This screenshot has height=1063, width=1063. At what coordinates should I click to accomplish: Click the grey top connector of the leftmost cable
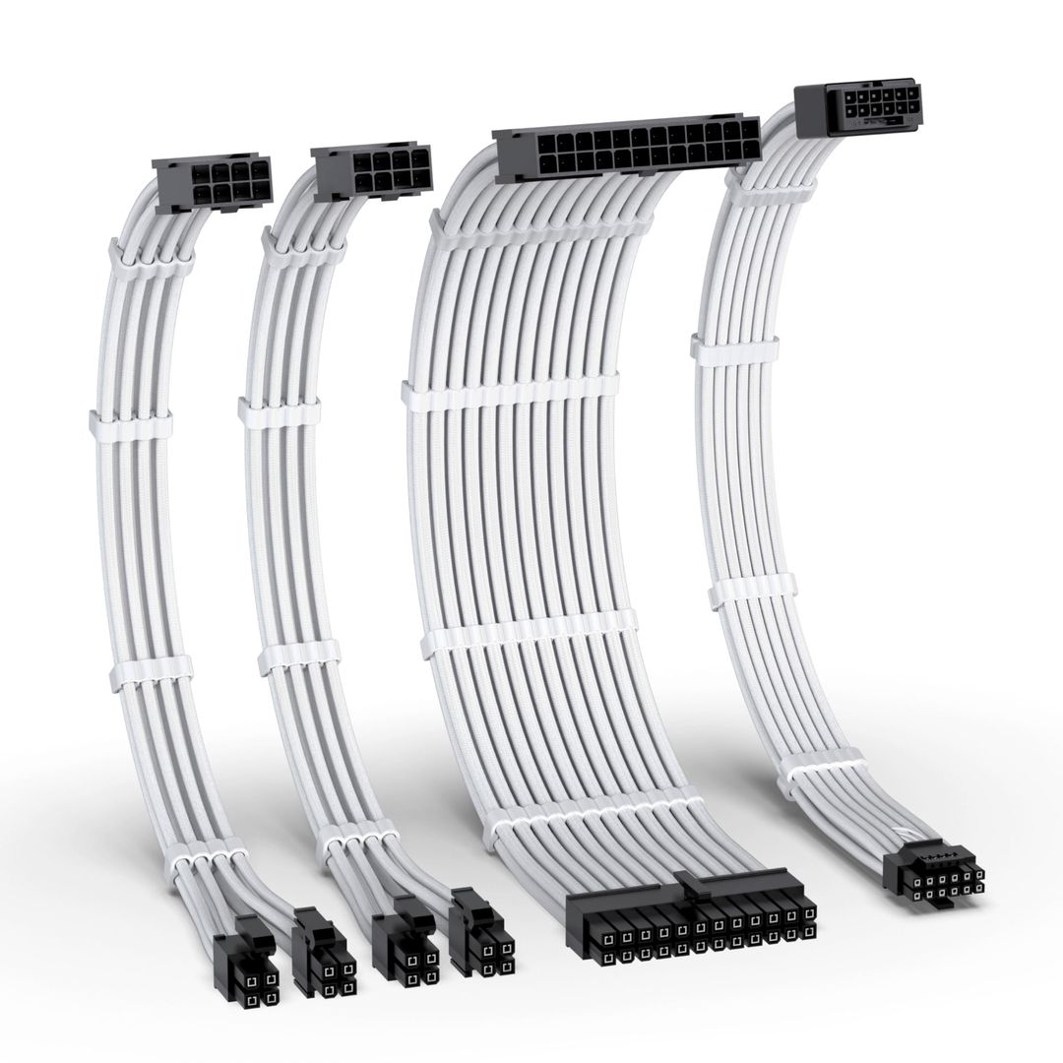[x=211, y=181]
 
